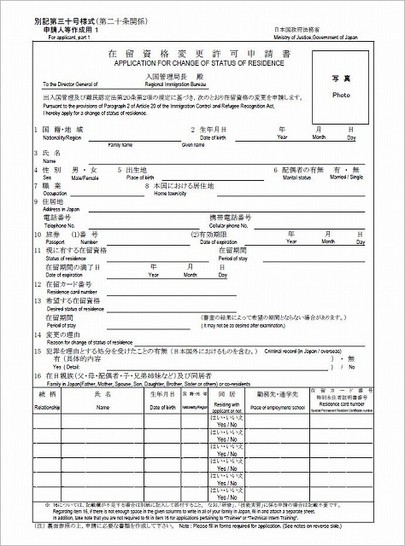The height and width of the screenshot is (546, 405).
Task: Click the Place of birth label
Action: click(144, 177)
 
